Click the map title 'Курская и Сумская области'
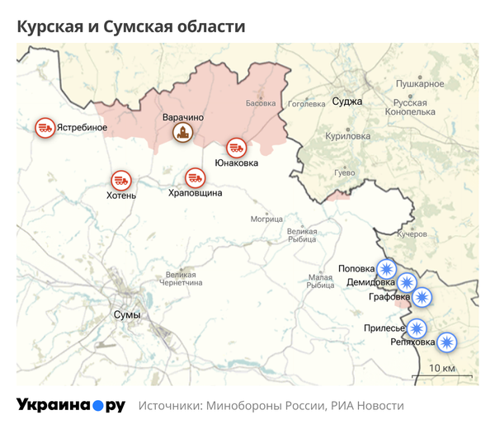[132, 26]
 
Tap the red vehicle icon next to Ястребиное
[45, 127]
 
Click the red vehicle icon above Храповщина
[195, 177]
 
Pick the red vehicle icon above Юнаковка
[236, 148]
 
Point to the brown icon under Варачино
[181, 132]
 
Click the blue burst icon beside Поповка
[386, 268]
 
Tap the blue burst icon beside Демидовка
[406, 283]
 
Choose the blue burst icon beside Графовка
[422, 298]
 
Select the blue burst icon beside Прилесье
[417, 328]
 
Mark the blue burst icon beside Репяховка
[446, 341]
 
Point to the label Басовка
[261, 104]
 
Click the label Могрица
[266, 219]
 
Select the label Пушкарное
[420, 83]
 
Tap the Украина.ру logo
[71, 406]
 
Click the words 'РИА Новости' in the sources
[368, 407]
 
